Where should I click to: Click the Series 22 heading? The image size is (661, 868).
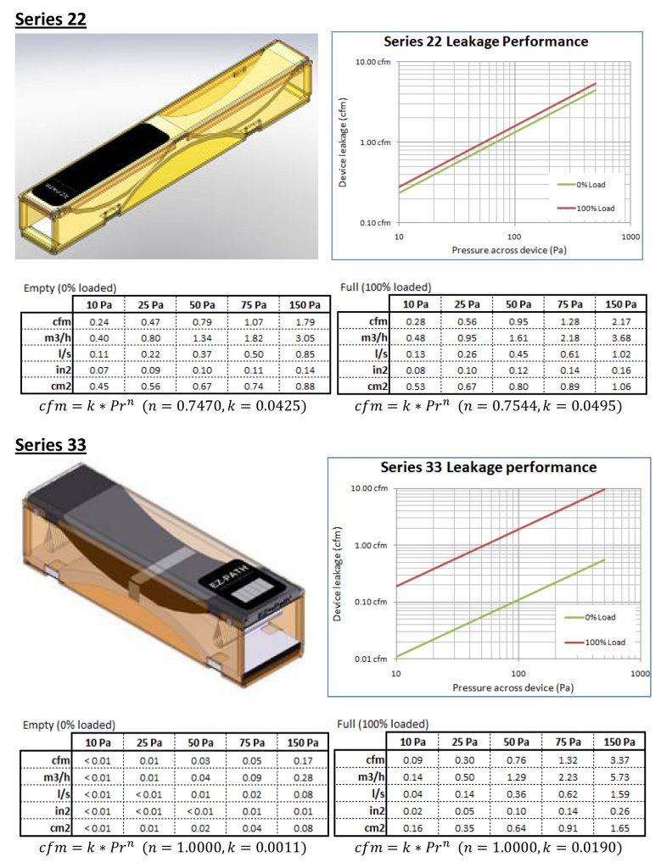click(51, 19)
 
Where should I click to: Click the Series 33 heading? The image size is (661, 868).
click(51, 445)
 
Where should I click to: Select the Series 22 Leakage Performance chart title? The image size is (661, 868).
click(485, 42)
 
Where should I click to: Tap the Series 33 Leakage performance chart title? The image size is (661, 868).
click(488, 467)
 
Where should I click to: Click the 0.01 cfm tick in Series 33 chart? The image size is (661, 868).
click(370, 659)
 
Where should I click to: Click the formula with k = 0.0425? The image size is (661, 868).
click(173, 406)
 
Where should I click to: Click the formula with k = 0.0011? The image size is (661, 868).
click(173, 846)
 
